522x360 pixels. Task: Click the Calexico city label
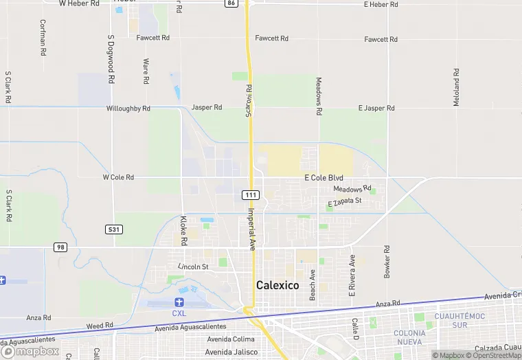pos(277,285)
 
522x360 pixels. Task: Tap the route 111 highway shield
pos(251,196)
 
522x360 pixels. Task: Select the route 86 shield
pos(231,3)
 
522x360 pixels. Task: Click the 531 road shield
pos(114,228)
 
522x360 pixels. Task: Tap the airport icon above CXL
pos(180,302)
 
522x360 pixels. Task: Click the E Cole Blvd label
pos(324,177)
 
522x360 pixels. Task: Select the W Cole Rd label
pos(118,177)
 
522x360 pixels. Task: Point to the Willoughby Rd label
pos(128,109)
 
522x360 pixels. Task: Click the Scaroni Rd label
pos(249,100)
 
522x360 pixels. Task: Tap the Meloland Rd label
pos(456,87)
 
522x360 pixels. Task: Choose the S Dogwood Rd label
pos(111,60)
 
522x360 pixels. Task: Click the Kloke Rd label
pos(183,231)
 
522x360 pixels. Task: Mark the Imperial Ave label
pos(252,229)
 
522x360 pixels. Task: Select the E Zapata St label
pos(345,202)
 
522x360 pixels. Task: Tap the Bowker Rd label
pos(387,262)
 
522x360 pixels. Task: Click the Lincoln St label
pos(193,267)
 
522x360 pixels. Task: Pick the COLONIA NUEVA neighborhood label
pos(410,337)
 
